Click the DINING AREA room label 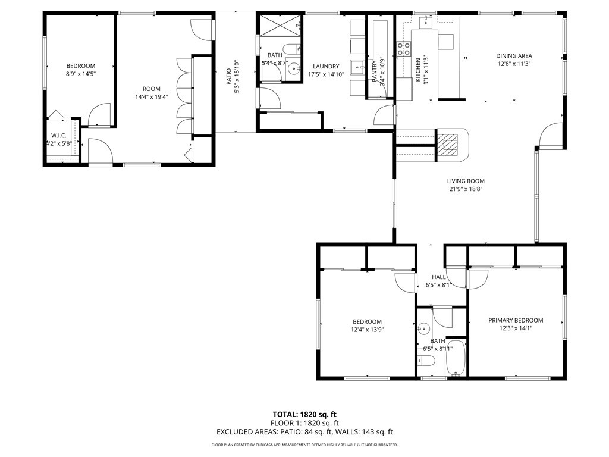coord(514,56)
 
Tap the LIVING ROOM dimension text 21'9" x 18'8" coord(466,190)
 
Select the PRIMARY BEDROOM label coord(516,320)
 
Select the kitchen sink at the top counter coord(426,23)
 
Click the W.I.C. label coord(58,135)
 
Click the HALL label coord(438,277)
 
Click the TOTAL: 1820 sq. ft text coord(304,414)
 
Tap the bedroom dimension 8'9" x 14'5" coord(80,74)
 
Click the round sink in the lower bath coord(424,328)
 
